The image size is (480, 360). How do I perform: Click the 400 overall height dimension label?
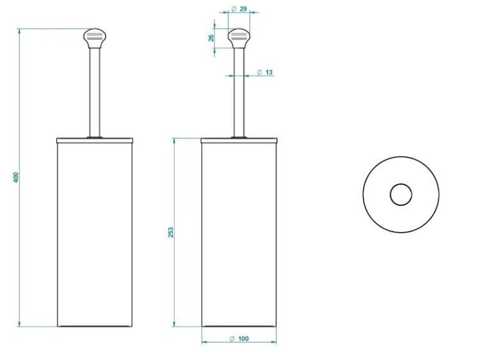click(16, 177)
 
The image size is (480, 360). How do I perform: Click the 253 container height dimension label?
click(170, 232)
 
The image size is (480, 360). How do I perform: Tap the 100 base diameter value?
click(243, 339)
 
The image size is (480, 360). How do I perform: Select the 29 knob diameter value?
click(243, 9)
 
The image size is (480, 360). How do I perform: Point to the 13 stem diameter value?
click(269, 72)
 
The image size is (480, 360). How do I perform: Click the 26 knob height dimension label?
click(211, 38)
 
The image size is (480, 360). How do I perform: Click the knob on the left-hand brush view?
click(95, 38)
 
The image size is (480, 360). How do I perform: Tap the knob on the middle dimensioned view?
click(239, 38)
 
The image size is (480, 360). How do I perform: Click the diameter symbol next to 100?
click(232, 339)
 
